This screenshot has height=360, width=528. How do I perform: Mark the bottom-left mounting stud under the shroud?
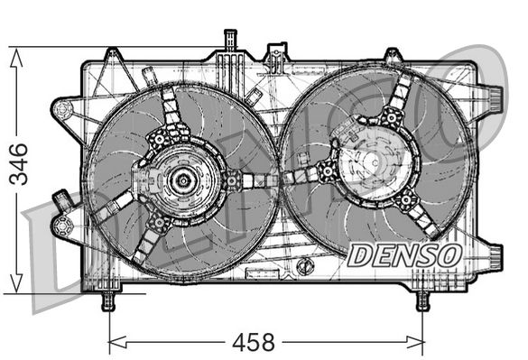point(108,300)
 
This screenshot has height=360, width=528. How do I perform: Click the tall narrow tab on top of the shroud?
point(226,41)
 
